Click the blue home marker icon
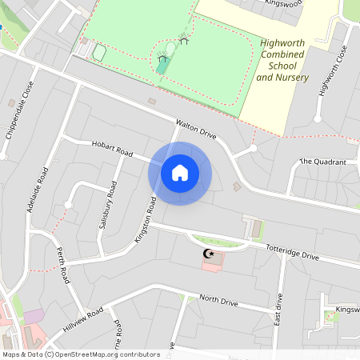click(180, 173)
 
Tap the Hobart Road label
click(113, 150)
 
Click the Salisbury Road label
click(107, 206)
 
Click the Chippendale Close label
click(21, 110)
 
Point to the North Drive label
click(218, 301)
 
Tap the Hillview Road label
click(83, 320)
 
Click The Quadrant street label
click(323, 162)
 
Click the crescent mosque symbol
click(210, 254)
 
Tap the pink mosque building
click(213, 263)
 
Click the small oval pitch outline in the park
click(99, 53)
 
